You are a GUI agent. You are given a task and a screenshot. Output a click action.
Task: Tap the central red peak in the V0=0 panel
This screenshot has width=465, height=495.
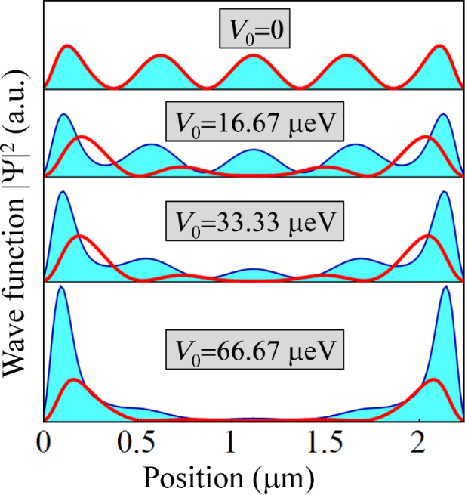pos(254,56)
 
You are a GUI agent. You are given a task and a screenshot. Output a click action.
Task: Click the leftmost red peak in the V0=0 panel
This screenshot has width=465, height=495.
pos(68,46)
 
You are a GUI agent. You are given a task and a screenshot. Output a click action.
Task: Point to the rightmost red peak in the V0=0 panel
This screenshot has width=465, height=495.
pos(440,46)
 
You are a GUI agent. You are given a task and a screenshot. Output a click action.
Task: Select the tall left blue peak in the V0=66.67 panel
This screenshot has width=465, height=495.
pos(60,288)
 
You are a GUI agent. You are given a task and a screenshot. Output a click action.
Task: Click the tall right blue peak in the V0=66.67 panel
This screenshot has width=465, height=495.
pos(445,288)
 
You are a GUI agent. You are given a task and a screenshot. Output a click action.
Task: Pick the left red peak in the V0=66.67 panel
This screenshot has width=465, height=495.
pos(72,379)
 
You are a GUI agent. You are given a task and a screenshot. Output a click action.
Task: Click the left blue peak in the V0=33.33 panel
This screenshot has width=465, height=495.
pos(63,192)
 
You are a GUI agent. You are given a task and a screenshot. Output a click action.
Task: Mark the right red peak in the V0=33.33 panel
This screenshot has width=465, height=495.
pos(429,237)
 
